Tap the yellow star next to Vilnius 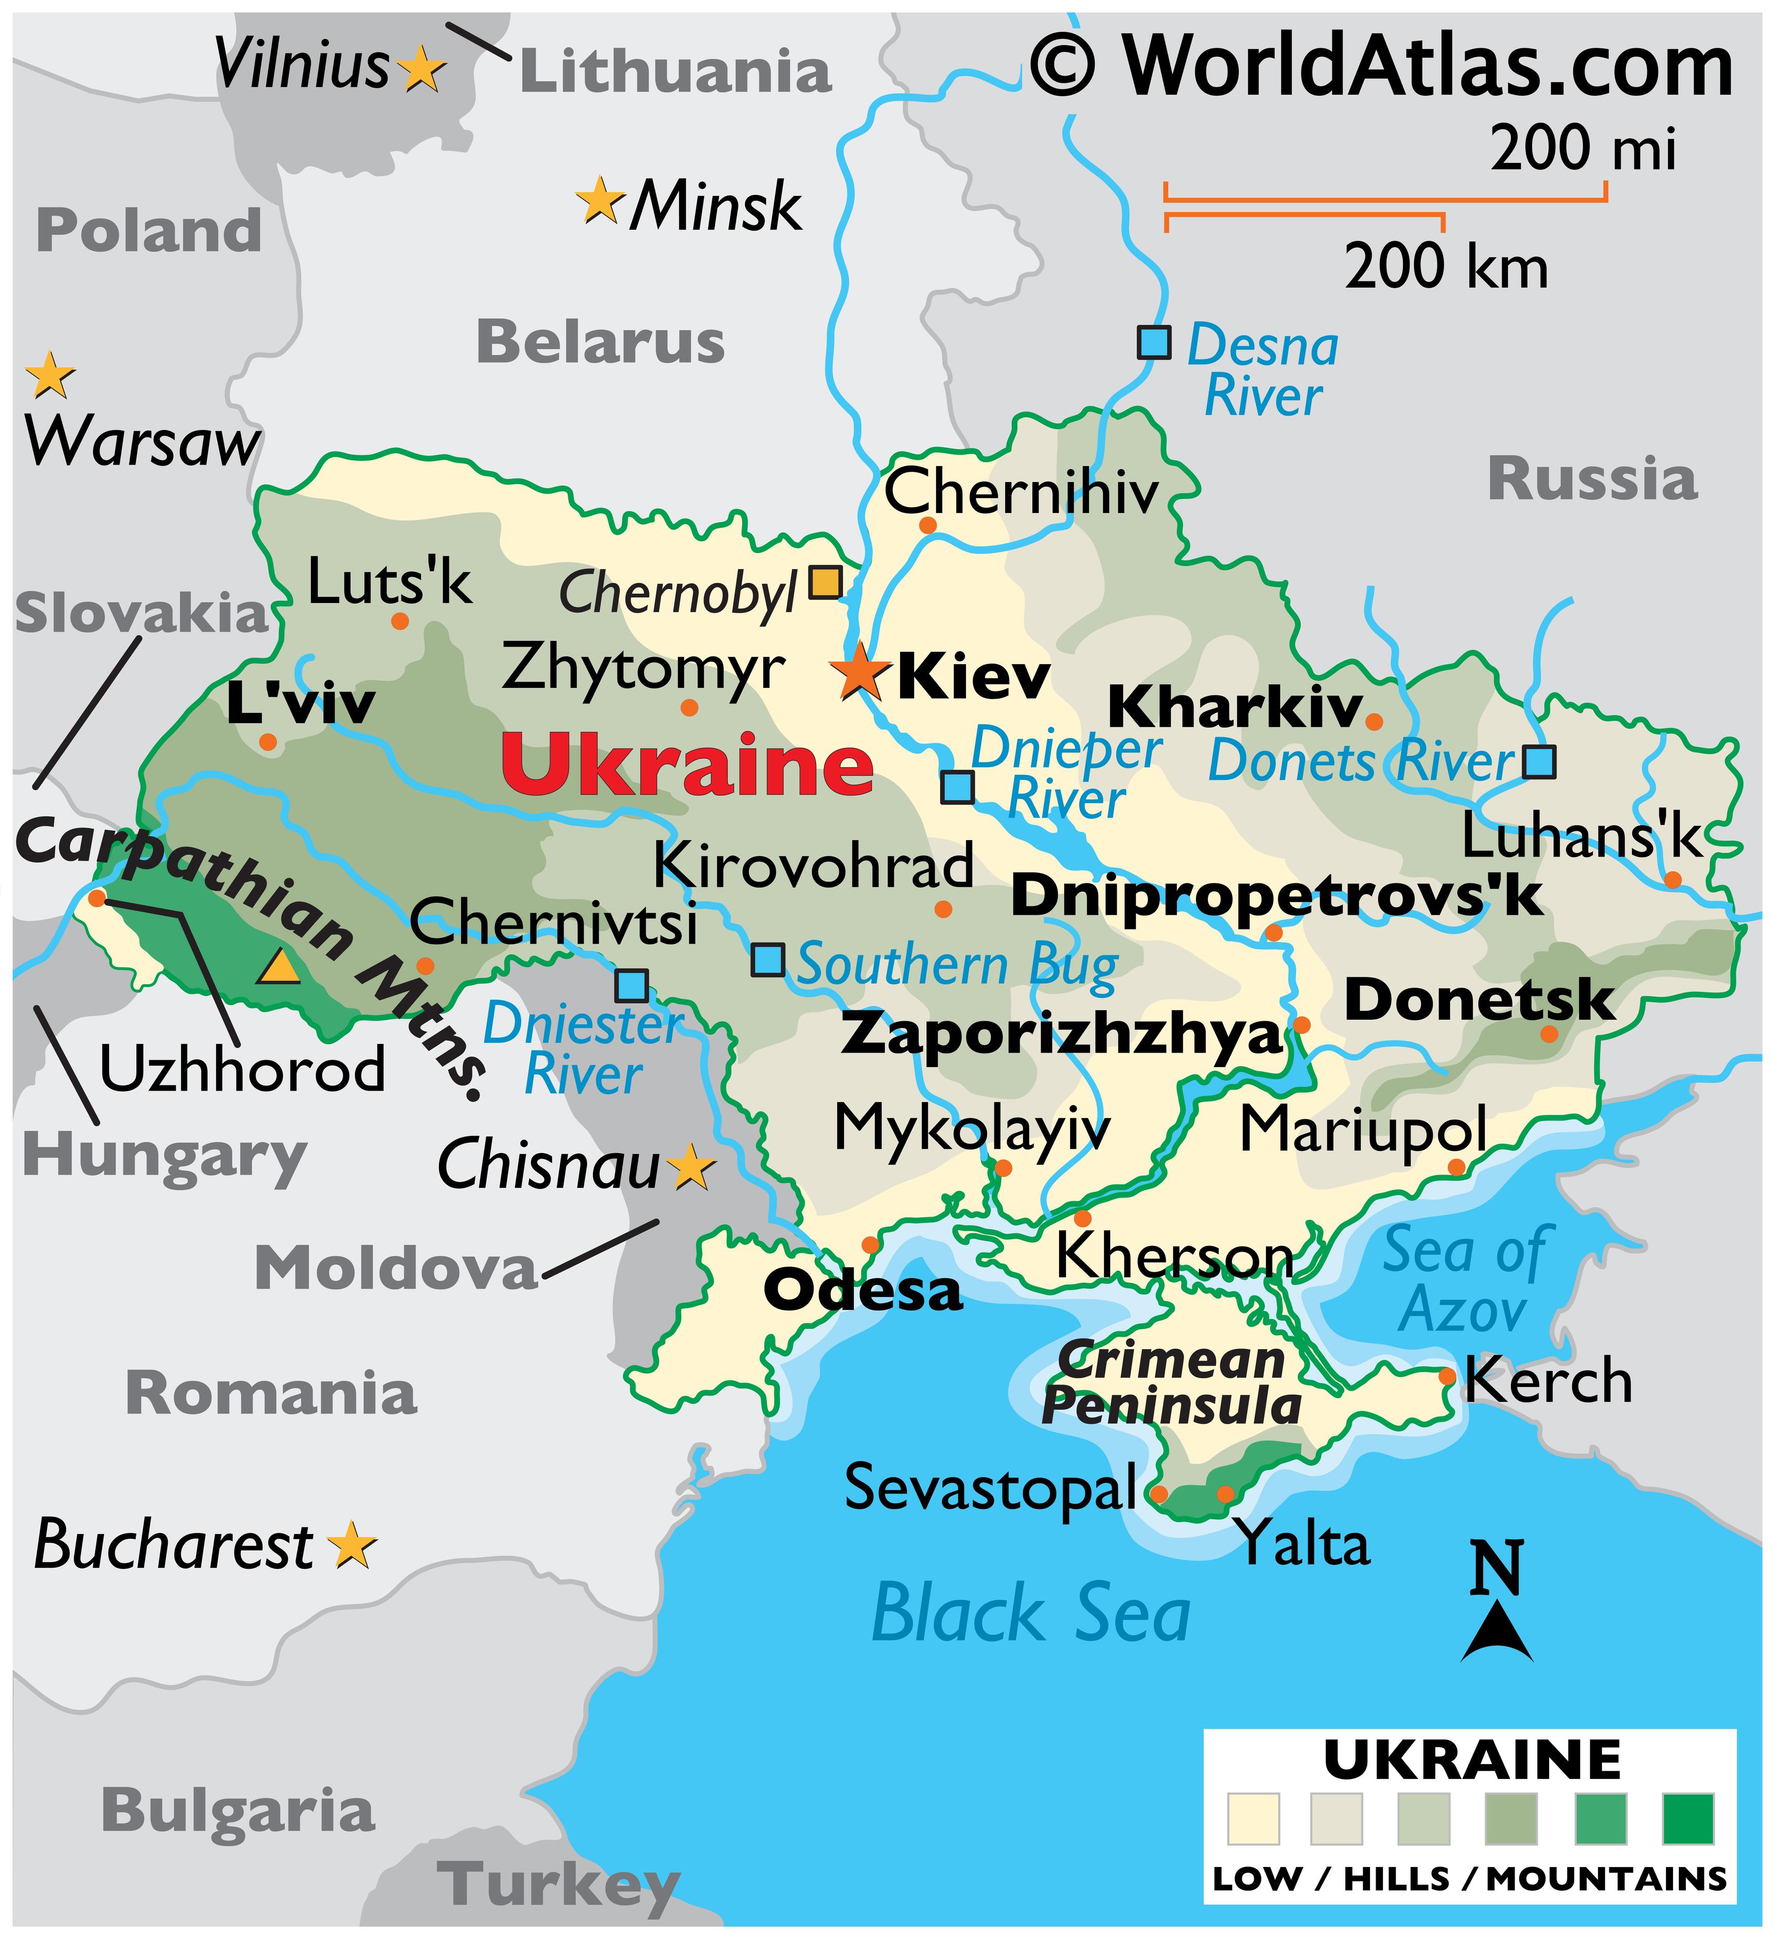(x=421, y=69)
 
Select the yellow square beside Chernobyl (x=824, y=582)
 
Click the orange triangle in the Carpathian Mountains (x=278, y=967)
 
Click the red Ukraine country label (x=687, y=764)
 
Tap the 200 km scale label (x=1446, y=268)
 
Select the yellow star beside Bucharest (x=352, y=1545)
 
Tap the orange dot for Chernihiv (x=927, y=525)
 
